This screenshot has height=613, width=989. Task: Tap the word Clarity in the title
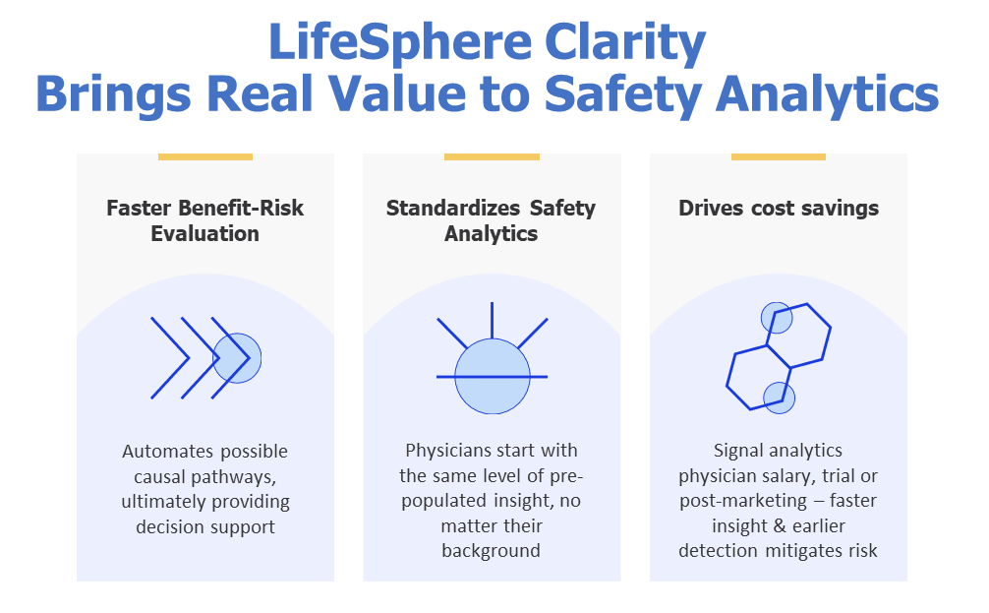coord(624,42)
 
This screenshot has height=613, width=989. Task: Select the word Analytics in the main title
coord(827,94)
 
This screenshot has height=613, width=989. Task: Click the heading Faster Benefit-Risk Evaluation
coord(205,220)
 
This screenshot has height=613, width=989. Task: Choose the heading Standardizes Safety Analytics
coord(491,220)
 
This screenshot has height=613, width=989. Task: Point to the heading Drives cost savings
coord(779,209)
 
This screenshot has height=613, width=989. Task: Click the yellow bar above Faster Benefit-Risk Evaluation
coord(205,156)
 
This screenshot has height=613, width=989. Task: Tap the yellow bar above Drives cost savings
coord(779,156)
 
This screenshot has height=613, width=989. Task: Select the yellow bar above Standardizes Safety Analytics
coord(492,156)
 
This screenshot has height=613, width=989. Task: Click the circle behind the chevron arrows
coord(237,358)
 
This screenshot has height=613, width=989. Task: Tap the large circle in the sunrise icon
coord(492,376)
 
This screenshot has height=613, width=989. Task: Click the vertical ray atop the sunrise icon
coord(492,321)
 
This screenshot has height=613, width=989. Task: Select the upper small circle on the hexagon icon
coord(777,318)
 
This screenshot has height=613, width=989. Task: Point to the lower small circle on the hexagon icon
coord(779,398)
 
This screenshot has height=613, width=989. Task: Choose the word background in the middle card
coord(491,551)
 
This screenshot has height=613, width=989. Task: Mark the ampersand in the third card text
coord(780,525)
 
